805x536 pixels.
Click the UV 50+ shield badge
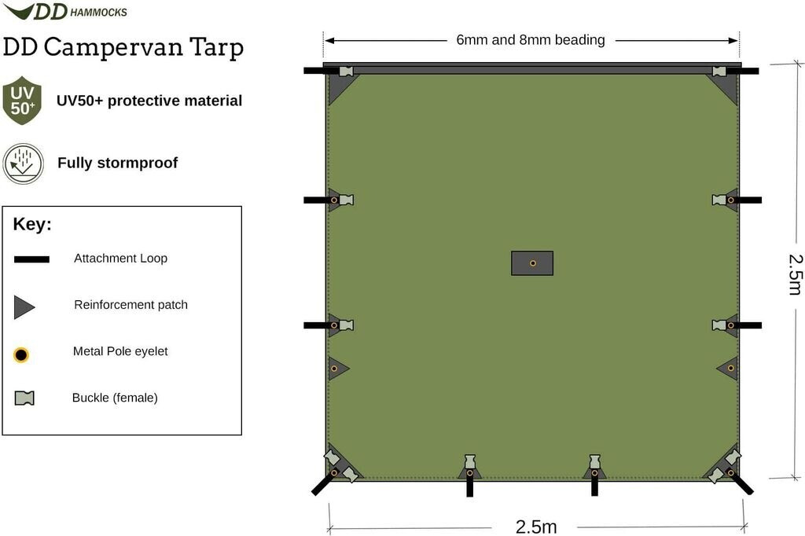(x=22, y=101)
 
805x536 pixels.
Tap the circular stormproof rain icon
(x=23, y=163)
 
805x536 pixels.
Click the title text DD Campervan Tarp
(x=123, y=47)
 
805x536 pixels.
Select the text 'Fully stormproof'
(x=117, y=163)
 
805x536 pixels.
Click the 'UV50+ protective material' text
(x=149, y=101)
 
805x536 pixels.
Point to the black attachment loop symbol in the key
(x=31, y=259)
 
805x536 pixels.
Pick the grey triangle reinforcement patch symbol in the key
(x=23, y=307)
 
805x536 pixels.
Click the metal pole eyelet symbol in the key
(x=21, y=355)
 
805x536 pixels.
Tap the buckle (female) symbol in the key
(x=24, y=398)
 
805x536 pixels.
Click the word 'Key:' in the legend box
(x=32, y=225)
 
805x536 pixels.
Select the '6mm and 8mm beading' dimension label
(x=531, y=40)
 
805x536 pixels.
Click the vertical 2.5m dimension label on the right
(x=795, y=274)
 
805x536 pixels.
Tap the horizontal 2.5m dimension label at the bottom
(x=536, y=527)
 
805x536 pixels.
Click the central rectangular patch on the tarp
(x=532, y=263)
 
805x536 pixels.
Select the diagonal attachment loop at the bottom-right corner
(x=743, y=484)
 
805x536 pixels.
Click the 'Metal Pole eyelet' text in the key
(x=120, y=351)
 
